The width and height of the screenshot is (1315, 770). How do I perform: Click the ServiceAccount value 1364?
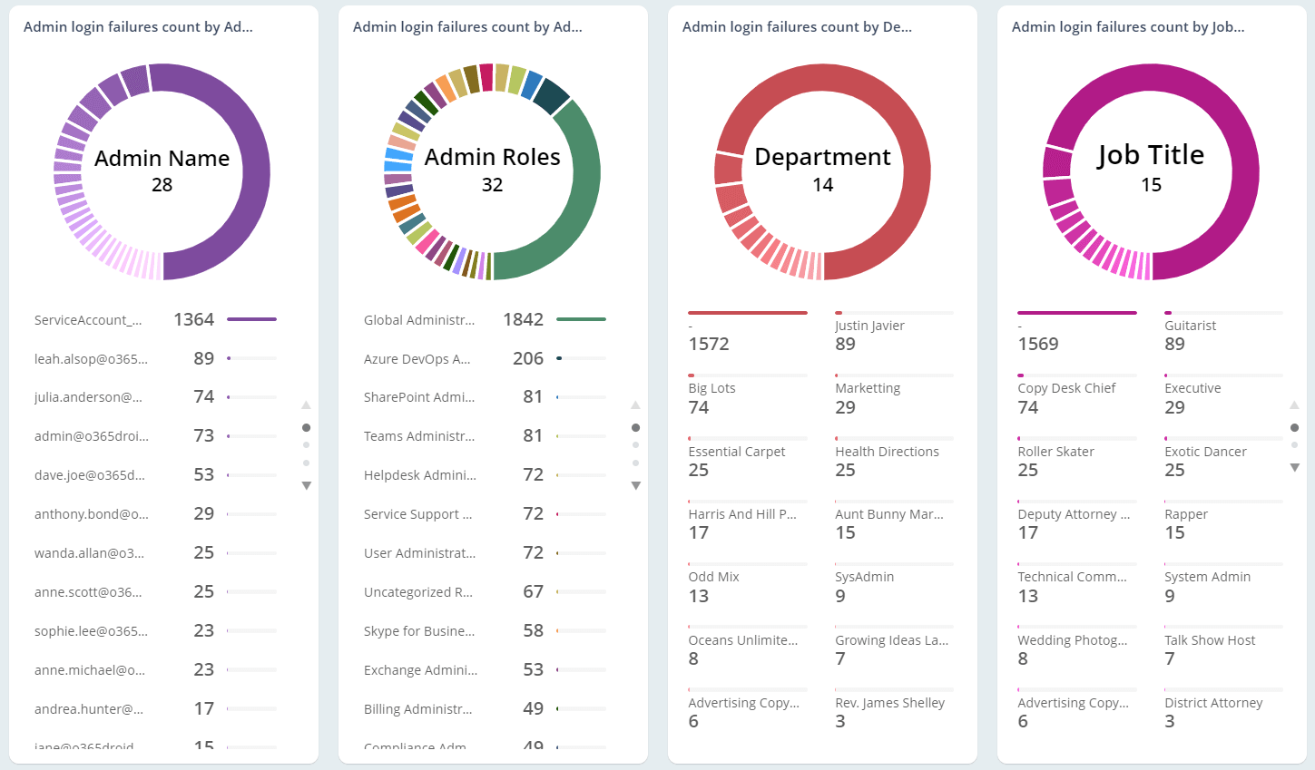[193, 319]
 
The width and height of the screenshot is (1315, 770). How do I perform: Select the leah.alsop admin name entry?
[91, 359]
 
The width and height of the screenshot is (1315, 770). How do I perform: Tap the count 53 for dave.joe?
[203, 475]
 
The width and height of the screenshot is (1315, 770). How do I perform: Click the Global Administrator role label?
[418, 320]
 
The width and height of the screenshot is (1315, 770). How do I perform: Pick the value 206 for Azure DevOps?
[527, 359]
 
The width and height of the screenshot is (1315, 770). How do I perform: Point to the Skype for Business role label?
[418, 631]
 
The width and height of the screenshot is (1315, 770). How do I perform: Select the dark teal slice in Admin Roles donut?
[551, 96]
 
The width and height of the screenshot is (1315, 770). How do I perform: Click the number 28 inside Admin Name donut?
[162, 185]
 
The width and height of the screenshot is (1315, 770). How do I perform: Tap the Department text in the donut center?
[822, 157]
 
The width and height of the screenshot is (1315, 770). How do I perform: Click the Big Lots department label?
[711, 388]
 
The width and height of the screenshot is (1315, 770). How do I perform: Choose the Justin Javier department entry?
[869, 326]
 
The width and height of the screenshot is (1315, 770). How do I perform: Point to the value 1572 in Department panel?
[708, 345]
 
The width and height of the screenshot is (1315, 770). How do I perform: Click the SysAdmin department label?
[864, 577]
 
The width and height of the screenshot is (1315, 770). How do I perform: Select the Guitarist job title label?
[1190, 326]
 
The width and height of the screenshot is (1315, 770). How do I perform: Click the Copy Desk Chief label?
[1066, 388]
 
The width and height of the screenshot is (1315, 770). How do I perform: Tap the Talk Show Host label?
[1210, 640]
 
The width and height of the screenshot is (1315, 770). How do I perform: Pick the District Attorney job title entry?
[1213, 703]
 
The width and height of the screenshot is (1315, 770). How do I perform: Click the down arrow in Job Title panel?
[1294, 468]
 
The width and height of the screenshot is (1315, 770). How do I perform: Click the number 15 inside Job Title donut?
[1151, 185]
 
